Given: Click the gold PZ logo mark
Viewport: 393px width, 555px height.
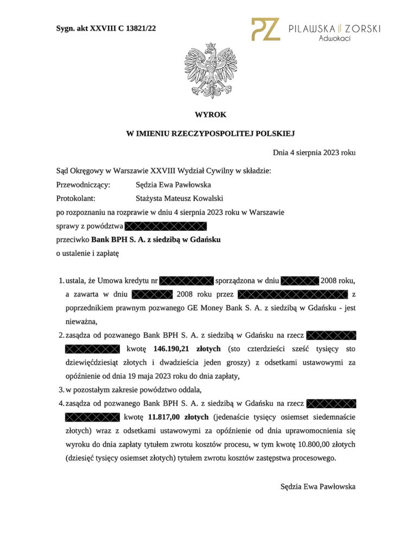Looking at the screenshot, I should (265, 30).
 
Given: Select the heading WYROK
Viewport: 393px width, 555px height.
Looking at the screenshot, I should (210, 115).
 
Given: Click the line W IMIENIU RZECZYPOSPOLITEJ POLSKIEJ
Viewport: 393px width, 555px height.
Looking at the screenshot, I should (210, 133).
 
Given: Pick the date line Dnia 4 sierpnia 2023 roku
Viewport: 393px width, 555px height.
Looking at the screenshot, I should (314, 153).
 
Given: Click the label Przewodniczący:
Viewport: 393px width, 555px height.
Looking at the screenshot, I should (83, 185).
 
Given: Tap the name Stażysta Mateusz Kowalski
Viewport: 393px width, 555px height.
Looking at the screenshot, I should (180, 198).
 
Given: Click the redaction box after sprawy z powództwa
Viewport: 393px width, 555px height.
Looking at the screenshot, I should (166, 226).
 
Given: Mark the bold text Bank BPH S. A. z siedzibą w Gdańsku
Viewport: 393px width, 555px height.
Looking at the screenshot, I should (156, 239).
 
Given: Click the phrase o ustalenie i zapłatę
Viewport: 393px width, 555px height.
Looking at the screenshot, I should (87, 253).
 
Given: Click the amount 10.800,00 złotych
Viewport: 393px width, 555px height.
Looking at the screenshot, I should (321, 444).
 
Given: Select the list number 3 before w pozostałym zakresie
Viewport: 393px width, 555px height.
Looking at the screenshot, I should (61, 390).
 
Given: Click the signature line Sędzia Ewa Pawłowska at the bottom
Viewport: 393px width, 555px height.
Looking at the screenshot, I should (318, 487).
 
